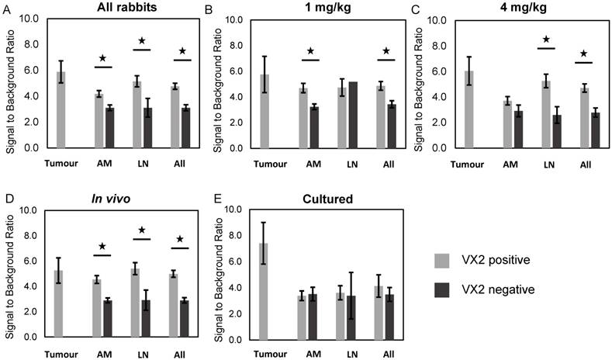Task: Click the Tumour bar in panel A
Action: tap(61, 109)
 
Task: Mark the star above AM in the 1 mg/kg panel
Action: tap(311, 52)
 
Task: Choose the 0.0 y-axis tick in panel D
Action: tap(29, 337)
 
